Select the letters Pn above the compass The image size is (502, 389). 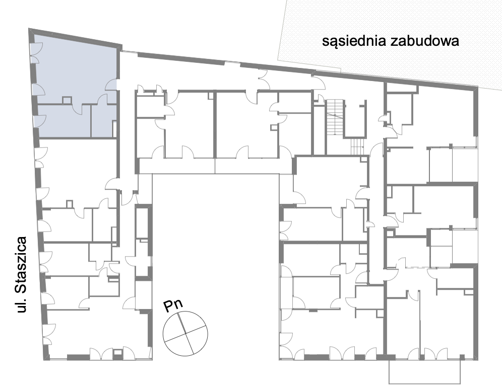point(173,305)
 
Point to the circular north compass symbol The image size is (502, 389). point(185,333)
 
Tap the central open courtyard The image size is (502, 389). point(216,242)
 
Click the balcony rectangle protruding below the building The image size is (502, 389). point(424,372)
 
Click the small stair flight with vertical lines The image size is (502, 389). point(357,146)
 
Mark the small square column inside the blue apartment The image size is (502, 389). point(66,100)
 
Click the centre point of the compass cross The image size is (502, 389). point(185,333)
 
